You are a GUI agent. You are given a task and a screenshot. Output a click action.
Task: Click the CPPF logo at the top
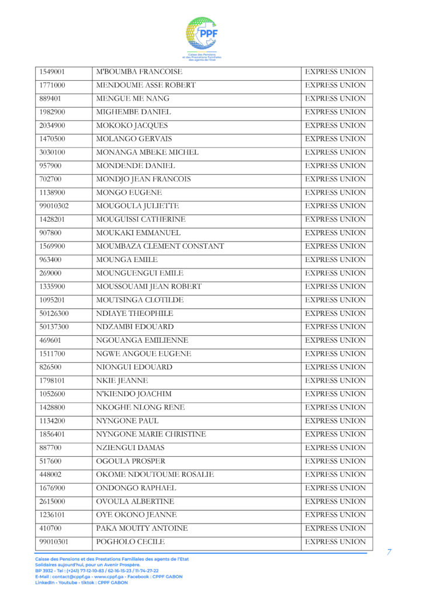202,36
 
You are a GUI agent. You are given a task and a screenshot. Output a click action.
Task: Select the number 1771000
52,85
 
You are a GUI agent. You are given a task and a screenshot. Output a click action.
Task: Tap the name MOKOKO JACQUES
132,126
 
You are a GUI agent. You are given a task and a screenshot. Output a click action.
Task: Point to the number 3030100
52,153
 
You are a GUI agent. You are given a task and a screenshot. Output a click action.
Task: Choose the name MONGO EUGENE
129,192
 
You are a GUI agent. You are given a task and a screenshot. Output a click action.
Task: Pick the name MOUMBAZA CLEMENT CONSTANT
160,246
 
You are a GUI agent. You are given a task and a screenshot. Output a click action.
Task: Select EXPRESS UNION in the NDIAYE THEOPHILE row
336,314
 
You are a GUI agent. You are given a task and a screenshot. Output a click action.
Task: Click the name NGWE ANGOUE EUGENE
144,354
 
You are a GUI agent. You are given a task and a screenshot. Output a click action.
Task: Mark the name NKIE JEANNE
122,381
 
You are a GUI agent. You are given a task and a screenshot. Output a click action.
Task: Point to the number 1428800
52,408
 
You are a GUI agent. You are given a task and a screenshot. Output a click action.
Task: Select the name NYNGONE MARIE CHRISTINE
151,435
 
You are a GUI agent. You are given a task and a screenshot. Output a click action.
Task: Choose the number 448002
50,475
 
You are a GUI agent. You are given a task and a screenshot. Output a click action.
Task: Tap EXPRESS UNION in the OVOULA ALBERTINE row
336,502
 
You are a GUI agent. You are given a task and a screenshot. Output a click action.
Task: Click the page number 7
389,552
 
